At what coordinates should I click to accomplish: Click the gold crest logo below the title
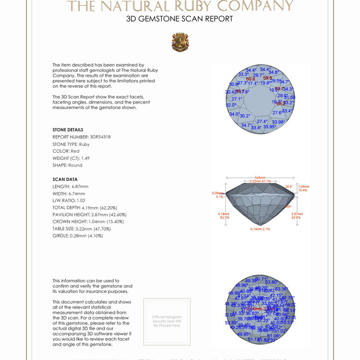180,42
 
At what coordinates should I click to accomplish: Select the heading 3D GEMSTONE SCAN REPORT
180,19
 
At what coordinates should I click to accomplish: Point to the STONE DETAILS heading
68,130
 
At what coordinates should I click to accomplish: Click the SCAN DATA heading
65,180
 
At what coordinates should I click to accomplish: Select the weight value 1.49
85,158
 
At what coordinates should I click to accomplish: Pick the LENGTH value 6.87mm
80,186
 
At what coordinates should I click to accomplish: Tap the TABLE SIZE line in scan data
78,228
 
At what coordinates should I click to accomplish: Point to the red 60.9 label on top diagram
251,79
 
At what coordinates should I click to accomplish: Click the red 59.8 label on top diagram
267,78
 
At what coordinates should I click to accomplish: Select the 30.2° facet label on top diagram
245,116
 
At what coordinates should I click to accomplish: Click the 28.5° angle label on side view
288,186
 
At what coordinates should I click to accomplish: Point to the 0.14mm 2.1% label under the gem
260,229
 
